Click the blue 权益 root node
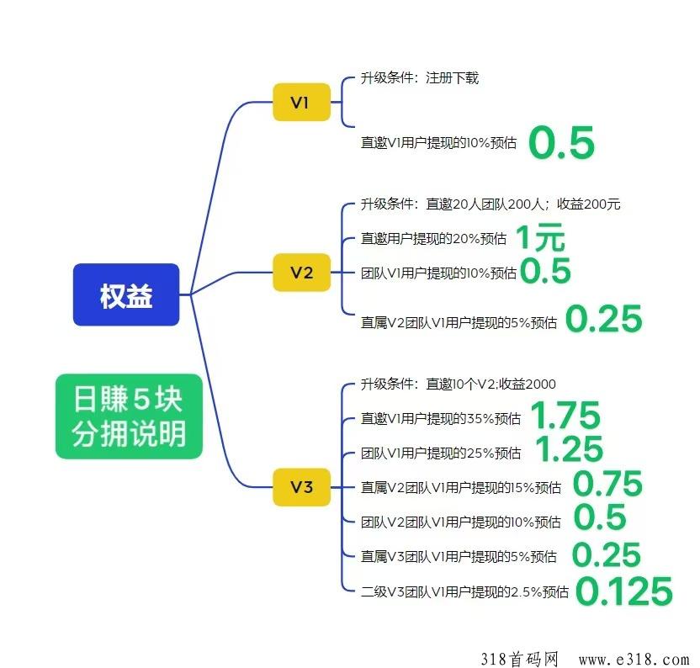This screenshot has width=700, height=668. [126, 295]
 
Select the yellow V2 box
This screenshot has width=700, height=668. [301, 273]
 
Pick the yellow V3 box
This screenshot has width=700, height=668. [301, 487]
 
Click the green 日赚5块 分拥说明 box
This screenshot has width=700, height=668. [129, 416]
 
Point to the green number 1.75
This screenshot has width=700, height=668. [565, 416]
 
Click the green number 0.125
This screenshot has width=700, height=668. [625, 591]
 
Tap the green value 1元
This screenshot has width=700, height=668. [539, 239]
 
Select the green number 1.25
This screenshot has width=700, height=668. [569, 450]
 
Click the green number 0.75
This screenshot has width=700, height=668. [607, 485]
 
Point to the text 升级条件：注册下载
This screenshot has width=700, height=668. [420, 78]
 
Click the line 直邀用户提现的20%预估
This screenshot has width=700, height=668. [433, 239]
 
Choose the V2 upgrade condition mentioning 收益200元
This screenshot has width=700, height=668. [491, 204]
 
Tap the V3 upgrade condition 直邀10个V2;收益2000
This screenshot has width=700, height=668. [458, 384]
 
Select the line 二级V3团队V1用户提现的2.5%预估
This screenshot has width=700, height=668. [464, 591]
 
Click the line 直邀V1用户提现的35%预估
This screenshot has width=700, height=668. [440, 418]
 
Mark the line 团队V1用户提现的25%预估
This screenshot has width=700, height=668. [440, 453]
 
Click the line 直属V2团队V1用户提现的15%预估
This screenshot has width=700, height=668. [460, 487]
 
